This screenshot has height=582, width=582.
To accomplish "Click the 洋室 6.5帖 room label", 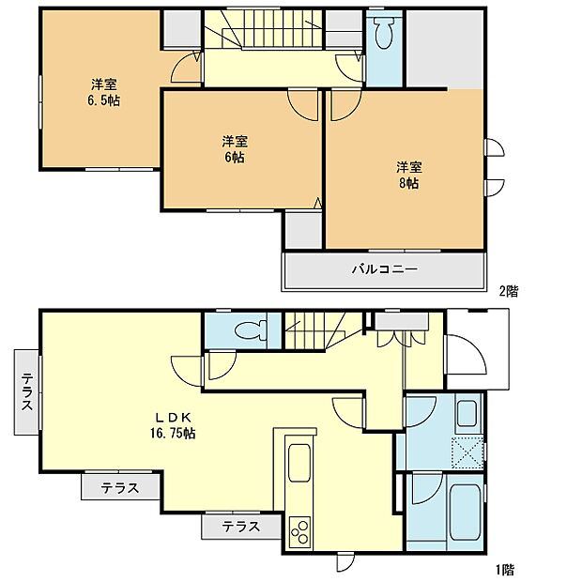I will click(103, 92).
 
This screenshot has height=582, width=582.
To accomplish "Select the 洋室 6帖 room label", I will click(235, 149).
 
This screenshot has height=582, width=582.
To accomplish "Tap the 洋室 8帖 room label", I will click(407, 176).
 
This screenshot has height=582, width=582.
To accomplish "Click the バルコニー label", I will click(384, 269).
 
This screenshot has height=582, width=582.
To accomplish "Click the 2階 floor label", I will click(508, 291).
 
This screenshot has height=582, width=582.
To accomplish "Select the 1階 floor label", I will click(505, 569).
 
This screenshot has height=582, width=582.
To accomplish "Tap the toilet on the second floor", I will click(382, 34).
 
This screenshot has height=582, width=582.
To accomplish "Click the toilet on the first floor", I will click(249, 329).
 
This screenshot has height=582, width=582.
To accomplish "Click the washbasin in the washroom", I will click(467, 414).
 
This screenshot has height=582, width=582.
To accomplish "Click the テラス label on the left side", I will click(27, 391).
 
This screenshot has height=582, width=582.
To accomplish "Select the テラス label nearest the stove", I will click(241, 528).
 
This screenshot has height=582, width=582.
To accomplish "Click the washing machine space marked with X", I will click(467, 452).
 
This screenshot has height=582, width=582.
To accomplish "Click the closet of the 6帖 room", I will click(302, 228).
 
